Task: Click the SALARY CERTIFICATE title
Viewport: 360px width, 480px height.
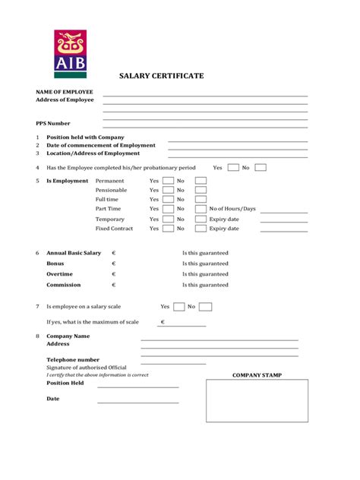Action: pos(161,77)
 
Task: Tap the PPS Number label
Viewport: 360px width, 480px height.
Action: pos(53,122)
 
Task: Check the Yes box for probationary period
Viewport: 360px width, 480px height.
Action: pos(233,168)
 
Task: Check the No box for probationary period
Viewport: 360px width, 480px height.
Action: pos(261,168)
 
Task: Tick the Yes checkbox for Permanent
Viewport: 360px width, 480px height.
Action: pos(168,181)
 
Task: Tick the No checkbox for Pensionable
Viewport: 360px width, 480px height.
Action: pos(201,190)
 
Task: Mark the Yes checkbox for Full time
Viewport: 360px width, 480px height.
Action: pos(168,199)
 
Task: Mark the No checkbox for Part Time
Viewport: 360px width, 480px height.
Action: pos(201,209)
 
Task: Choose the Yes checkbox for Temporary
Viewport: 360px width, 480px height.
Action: pos(168,219)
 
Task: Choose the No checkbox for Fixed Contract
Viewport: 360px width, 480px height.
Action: pos(201,228)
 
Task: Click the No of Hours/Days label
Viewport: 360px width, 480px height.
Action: pos(232,208)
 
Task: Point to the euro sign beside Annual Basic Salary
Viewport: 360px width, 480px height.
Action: pos(113,253)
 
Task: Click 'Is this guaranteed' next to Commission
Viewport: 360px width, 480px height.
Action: pos(205,285)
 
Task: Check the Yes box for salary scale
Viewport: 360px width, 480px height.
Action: pos(178,307)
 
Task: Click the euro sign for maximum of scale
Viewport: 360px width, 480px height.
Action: pos(163,322)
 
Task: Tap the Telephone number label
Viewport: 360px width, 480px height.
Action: pos(73,359)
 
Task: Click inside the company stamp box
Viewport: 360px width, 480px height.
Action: pos(257,411)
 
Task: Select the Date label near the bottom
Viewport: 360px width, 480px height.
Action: pos(53,398)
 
